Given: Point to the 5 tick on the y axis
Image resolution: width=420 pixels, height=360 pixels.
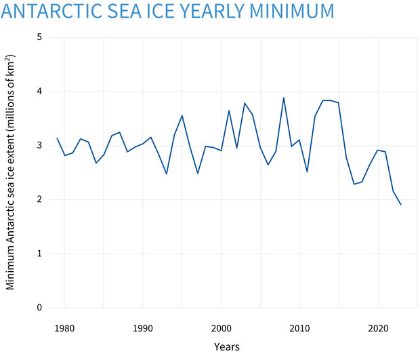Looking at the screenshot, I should [x=40, y=37].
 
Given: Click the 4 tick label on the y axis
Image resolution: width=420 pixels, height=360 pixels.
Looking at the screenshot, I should [x=40, y=92].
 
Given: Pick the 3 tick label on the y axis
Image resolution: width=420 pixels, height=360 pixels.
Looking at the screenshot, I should [x=40, y=146].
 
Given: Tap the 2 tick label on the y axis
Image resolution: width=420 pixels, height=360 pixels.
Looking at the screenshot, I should [x=40, y=200].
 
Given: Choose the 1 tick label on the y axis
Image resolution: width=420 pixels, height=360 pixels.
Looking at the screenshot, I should [x=40, y=254].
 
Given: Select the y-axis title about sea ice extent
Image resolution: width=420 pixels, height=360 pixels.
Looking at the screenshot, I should [x=11, y=173].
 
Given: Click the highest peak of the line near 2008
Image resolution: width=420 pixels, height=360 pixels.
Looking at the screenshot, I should [x=283, y=98].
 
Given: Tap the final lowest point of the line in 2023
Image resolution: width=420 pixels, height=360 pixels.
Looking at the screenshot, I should [x=400, y=205].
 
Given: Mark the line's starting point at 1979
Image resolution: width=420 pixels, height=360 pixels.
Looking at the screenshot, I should [x=57, y=138].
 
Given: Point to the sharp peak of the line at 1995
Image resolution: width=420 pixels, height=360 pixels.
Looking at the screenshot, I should [x=182, y=115].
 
